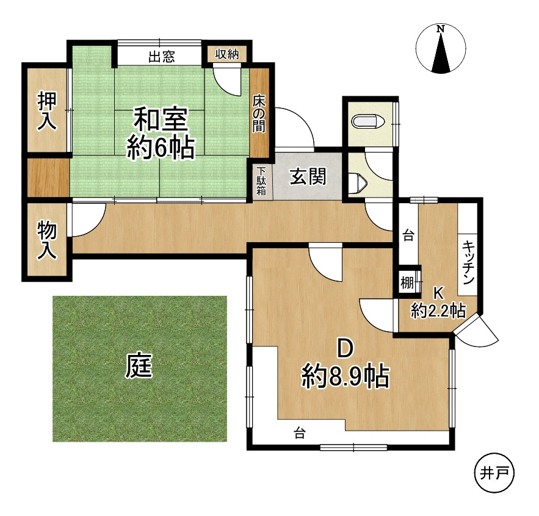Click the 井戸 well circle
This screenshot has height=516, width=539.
coord(494,474)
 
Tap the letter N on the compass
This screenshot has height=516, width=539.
coord(440,29)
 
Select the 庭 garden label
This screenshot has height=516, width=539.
coord(139,365)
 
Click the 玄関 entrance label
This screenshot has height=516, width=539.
coord(308,177)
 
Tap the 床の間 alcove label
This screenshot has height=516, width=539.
coord(259,113)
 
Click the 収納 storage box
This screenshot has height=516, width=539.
coord(227,54)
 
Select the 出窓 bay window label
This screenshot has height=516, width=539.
coord(162,57)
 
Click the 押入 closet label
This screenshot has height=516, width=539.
coord(47,110)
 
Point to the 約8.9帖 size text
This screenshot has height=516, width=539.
coord(345,376)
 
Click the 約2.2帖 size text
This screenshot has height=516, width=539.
coord(438,310)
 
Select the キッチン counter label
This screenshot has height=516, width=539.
coord(468,262)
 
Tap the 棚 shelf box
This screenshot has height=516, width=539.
coord(407,283)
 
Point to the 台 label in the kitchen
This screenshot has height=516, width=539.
coord(408,236)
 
